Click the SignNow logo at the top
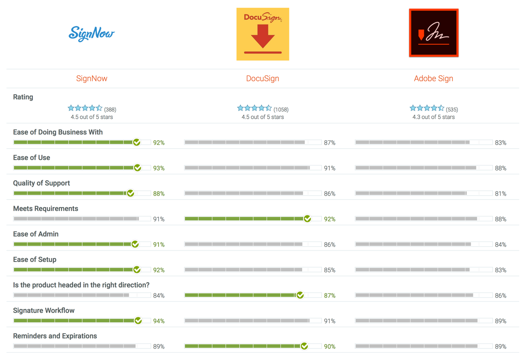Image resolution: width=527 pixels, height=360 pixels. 92,34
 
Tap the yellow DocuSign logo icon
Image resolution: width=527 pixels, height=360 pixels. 263,34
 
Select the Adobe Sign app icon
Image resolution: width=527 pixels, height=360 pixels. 433,33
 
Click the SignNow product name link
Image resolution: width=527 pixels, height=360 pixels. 92,79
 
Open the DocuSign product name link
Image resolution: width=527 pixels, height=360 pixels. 263,79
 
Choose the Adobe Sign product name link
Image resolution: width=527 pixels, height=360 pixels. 433,79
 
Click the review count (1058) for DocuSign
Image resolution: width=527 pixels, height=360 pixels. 281,109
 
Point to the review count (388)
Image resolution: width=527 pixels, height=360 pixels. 110,109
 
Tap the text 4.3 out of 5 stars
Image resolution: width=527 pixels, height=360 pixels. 433,117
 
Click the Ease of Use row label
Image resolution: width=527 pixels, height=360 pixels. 32,158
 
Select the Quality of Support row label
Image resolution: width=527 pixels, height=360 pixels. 42,183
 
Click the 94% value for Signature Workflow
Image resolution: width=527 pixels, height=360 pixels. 159,321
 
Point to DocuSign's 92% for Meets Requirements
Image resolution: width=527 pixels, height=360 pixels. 330,219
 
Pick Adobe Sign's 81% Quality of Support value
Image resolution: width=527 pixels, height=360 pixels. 501,194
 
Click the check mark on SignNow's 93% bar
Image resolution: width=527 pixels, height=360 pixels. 137,168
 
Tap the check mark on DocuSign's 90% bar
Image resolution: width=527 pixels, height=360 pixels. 304,346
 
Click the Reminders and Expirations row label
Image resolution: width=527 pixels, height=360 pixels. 55,336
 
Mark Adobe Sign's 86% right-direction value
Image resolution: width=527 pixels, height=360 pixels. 501,296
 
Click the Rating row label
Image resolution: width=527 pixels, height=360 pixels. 23,97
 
